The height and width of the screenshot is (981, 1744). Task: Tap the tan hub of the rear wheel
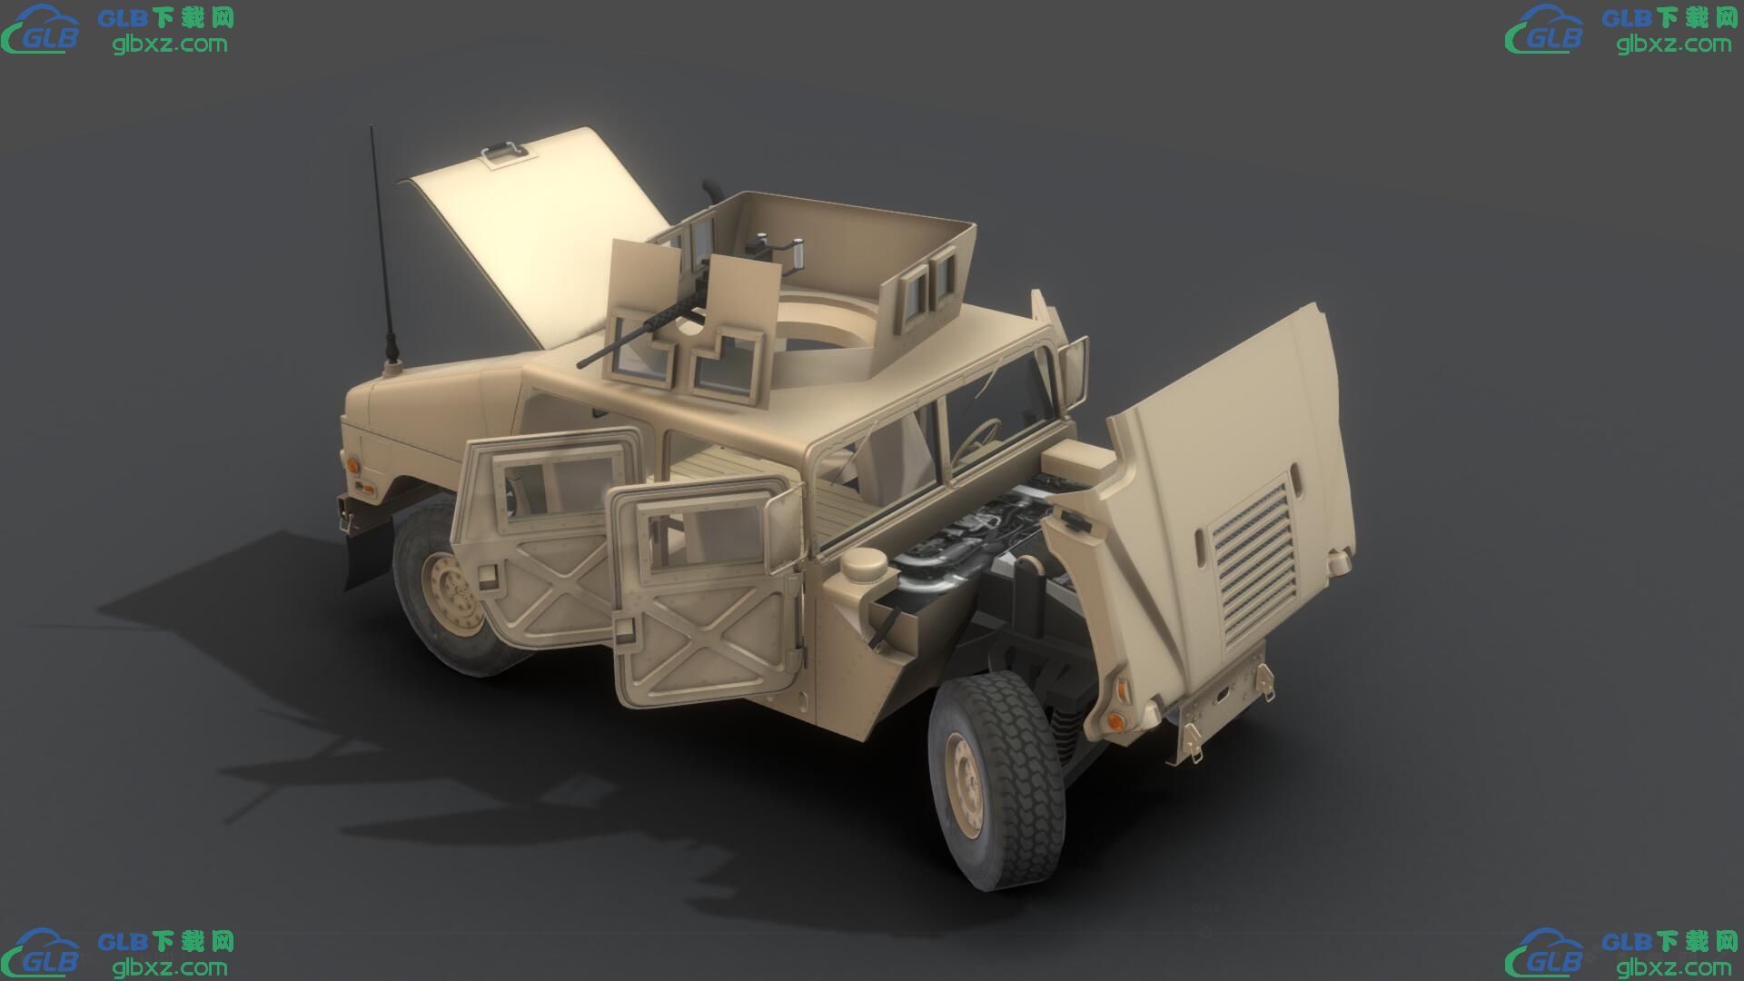[x=451, y=588]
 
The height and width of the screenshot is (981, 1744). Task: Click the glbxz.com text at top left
[x=170, y=44]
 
